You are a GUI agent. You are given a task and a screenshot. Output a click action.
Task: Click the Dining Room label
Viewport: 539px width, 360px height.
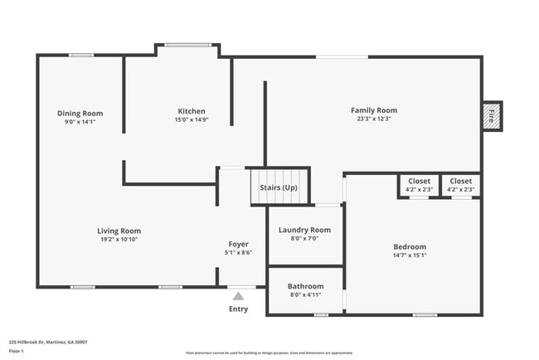pos(80,113)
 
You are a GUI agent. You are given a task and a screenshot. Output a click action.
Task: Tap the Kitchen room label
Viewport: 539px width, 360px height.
pos(192,111)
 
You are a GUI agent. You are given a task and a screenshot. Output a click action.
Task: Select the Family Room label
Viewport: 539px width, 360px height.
pos(373,110)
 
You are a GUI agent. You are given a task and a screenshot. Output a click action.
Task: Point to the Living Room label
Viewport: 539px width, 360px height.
pos(119,231)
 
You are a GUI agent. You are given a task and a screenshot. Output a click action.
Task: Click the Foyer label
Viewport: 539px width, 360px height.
pos(239,245)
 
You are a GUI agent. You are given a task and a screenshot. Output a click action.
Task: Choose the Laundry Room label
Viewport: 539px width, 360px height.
pos(304,230)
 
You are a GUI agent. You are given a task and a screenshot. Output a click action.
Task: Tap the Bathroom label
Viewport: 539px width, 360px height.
pos(304,285)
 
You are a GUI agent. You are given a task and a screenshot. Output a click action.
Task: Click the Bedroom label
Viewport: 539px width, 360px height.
pos(410,246)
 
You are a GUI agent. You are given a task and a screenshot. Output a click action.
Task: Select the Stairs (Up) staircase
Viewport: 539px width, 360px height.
pos(279,187)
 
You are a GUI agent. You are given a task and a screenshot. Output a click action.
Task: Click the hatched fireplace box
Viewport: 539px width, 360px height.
pos(491,114)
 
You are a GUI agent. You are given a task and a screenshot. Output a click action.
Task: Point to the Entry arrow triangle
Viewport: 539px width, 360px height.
pos(238,296)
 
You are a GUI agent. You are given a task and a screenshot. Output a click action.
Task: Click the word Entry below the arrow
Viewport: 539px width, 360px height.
pos(238,309)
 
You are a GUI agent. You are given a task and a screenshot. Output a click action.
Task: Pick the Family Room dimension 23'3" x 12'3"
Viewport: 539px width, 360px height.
pos(373,119)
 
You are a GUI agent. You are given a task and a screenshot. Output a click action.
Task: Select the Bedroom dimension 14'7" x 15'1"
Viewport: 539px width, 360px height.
pos(410,255)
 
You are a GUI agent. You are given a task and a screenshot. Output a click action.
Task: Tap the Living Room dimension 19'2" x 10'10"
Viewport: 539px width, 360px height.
pos(119,239)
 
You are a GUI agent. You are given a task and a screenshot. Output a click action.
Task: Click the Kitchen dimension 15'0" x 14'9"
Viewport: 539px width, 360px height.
pos(192,119)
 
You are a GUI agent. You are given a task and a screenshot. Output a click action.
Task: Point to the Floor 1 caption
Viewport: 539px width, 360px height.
pos(17,352)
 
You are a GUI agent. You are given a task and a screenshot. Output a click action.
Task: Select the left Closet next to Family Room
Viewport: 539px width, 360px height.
pos(419,184)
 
